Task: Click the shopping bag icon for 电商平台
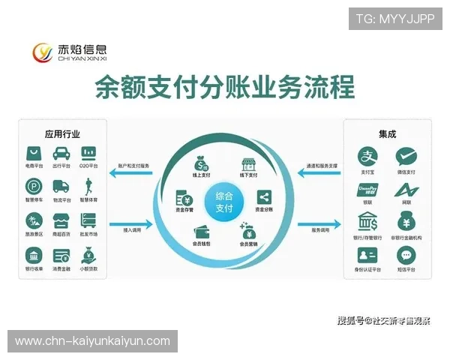click(34, 154)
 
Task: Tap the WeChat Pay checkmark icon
click(406, 156)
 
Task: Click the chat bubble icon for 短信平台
click(406, 255)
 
